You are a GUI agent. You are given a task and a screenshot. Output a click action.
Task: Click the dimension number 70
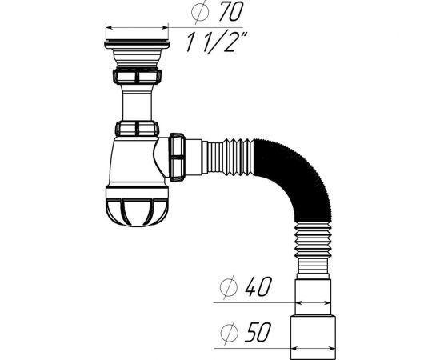click(230, 11)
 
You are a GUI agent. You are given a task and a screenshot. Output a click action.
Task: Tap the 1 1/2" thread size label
click(216, 42)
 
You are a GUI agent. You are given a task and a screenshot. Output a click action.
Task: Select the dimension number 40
click(258, 286)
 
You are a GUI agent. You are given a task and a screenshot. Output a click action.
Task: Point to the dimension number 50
click(258, 332)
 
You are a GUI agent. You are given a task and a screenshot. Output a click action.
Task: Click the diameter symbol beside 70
click(200, 12)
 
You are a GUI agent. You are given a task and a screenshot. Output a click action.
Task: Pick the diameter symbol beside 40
click(229, 287)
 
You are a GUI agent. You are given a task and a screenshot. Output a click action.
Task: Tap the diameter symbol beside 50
click(230, 333)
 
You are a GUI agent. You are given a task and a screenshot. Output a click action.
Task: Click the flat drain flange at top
click(137, 44)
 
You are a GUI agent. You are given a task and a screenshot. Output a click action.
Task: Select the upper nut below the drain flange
click(137, 76)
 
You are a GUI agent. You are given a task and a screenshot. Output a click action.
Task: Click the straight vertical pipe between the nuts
click(138, 102)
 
